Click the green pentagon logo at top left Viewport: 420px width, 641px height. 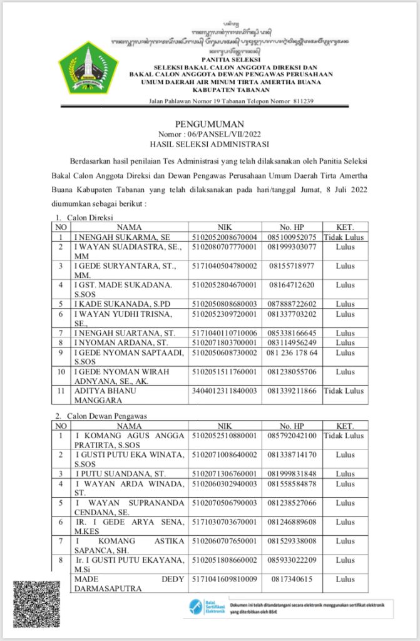pos(88,68)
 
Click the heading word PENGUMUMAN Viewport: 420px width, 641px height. pos(210,125)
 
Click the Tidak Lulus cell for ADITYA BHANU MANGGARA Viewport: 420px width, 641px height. pos(344,391)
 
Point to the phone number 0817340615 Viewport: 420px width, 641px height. pos(291,579)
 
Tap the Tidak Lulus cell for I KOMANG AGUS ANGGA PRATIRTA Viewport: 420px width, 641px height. pos(344,435)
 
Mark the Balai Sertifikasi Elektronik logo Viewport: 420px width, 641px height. pos(207,608)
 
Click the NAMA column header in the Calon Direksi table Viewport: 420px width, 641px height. pos(129,227)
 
